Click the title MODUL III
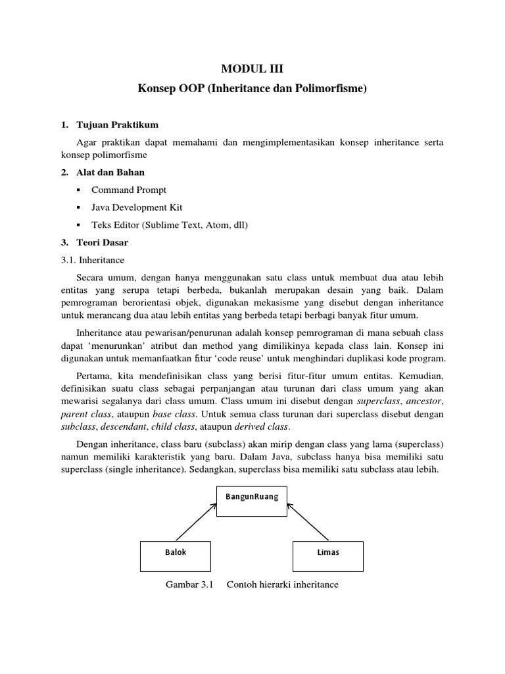point(252,68)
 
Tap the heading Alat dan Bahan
point(112,172)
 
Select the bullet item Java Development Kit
point(137,207)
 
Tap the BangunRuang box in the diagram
point(252,498)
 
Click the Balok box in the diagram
point(176,553)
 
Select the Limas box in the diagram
point(327,553)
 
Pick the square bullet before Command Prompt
point(79,190)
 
